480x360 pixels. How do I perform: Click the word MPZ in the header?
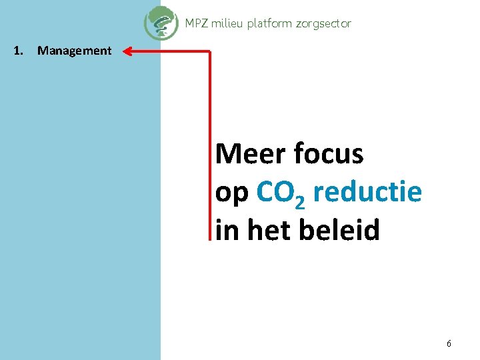[x=196, y=23]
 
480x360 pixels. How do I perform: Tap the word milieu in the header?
[x=227, y=23]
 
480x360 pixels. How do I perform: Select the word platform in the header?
[x=269, y=23]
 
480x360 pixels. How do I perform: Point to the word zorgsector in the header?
[x=323, y=23]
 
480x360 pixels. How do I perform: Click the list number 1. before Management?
[x=19, y=51]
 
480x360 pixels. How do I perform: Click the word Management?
[x=75, y=51]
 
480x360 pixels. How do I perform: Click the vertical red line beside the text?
[x=210, y=147]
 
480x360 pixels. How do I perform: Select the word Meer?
[x=246, y=154]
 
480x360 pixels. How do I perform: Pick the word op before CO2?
[x=232, y=194]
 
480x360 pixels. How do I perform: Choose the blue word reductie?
[x=367, y=192]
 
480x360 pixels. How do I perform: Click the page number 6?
[x=449, y=344]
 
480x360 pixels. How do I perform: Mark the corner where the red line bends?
[x=210, y=51]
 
